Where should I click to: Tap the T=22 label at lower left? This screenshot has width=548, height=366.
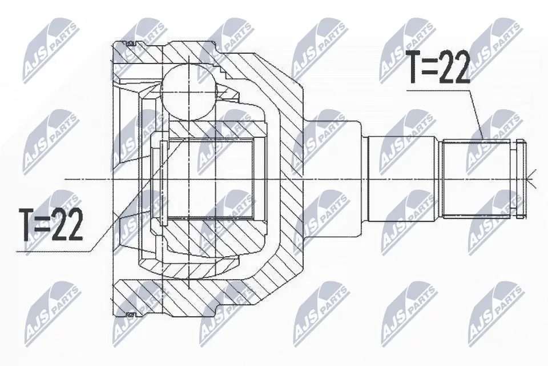tap(51, 224)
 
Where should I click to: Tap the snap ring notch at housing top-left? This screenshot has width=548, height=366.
tap(130, 45)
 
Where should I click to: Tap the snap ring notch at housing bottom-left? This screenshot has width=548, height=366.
tap(130, 313)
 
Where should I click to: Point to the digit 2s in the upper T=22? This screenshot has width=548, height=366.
tap(453, 67)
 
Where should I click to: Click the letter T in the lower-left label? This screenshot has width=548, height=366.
tap(27, 224)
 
